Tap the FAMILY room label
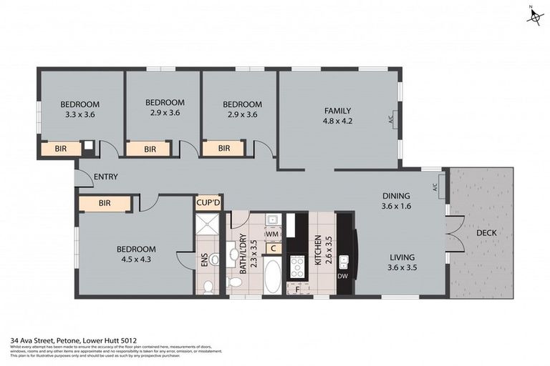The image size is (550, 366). click(x=337, y=110)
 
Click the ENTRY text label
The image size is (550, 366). click(x=105, y=177)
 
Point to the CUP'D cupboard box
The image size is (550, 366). click(x=209, y=203)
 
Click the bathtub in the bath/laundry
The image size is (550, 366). click(x=272, y=276)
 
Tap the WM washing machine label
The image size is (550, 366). click(x=271, y=234)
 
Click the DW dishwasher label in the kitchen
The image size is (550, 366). click(x=343, y=276)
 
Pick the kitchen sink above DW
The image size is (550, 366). click(x=343, y=261)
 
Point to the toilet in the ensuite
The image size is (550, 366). click(x=208, y=287)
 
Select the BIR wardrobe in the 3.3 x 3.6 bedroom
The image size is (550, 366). click(x=61, y=149)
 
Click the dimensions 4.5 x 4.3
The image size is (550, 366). click(x=136, y=260)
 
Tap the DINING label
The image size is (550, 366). click(x=395, y=196)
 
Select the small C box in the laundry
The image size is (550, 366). click(x=273, y=248)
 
